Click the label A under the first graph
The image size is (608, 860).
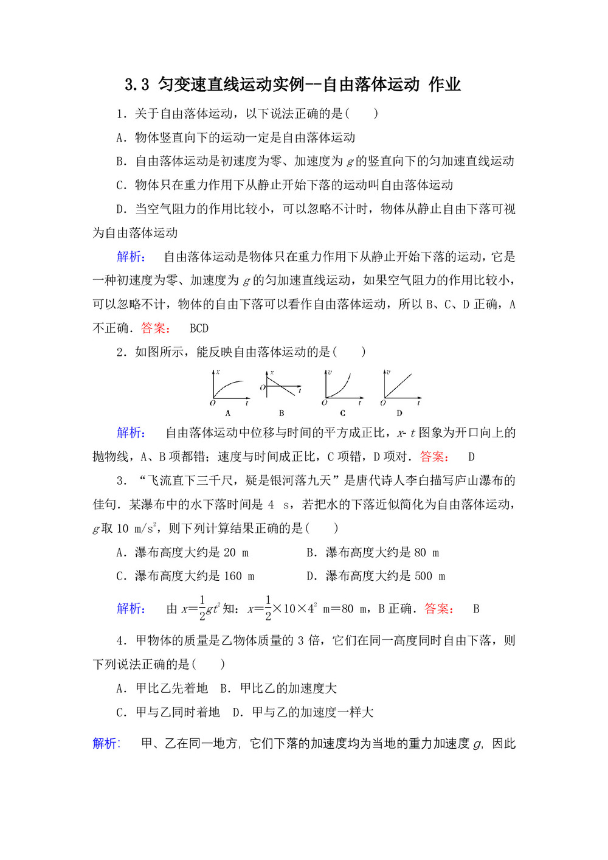point(228,413)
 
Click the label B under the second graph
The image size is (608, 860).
point(282,413)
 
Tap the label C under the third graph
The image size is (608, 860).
point(342,413)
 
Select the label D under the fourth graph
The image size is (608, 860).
point(399,413)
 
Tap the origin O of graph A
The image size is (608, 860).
point(213,403)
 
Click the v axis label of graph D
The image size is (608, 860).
point(388,372)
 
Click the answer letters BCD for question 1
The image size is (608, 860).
point(199,328)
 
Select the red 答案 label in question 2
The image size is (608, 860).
point(434,457)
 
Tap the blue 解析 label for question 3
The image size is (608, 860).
point(131,609)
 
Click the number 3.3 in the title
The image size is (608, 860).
point(137,85)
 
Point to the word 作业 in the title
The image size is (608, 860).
point(444,85)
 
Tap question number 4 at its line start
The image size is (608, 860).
point(120,640)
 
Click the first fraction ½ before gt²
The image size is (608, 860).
point(202,608)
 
